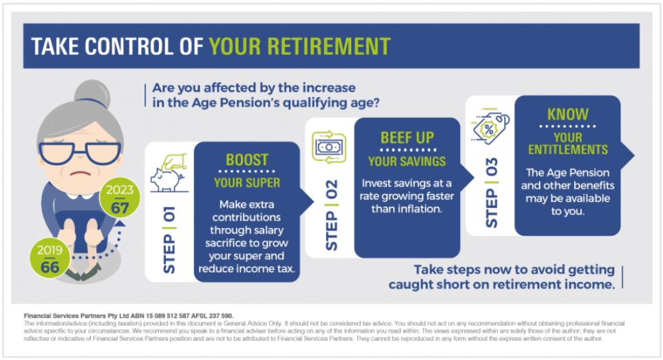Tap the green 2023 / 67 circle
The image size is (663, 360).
point(119,198)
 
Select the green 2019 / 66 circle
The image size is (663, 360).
point(49,258)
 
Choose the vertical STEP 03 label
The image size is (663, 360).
point(492,192)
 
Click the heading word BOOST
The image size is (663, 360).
point(247,161)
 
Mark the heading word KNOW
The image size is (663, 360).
point(567,114)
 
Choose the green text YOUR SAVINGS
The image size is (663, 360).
point(407,161)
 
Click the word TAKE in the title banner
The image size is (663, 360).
point(55,46)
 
